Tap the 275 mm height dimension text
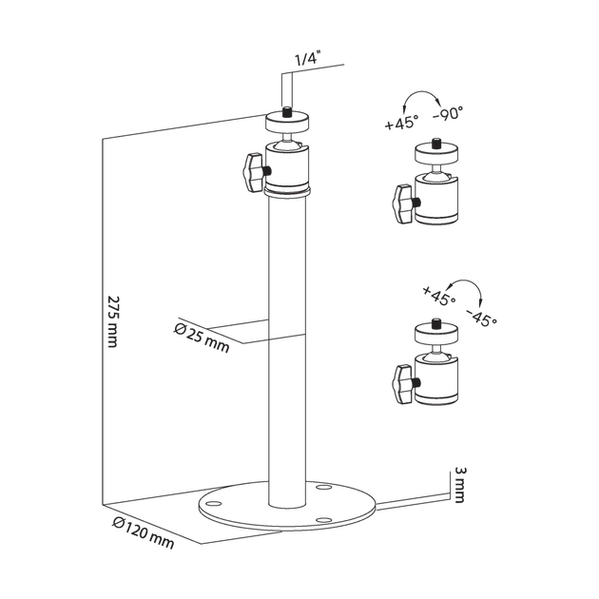click(114, 321)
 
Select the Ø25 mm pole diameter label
click(202, 338)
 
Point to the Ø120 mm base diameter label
click(144, 532)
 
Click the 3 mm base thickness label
click(460, 485)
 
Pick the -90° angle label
click(449, 113)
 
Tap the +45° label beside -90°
click(401, 123)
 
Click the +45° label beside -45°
click(439, 295)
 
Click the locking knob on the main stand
click(254, 172)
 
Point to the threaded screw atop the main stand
click(286, 112)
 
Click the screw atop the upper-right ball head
click(435, 145)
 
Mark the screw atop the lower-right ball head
click(435, 324)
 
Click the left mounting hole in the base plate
click(214, 503)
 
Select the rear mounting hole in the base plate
click(324, 488)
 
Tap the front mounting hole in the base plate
click(324, 520)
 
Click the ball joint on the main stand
click(286, 144)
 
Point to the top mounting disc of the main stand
click(287, 122)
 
